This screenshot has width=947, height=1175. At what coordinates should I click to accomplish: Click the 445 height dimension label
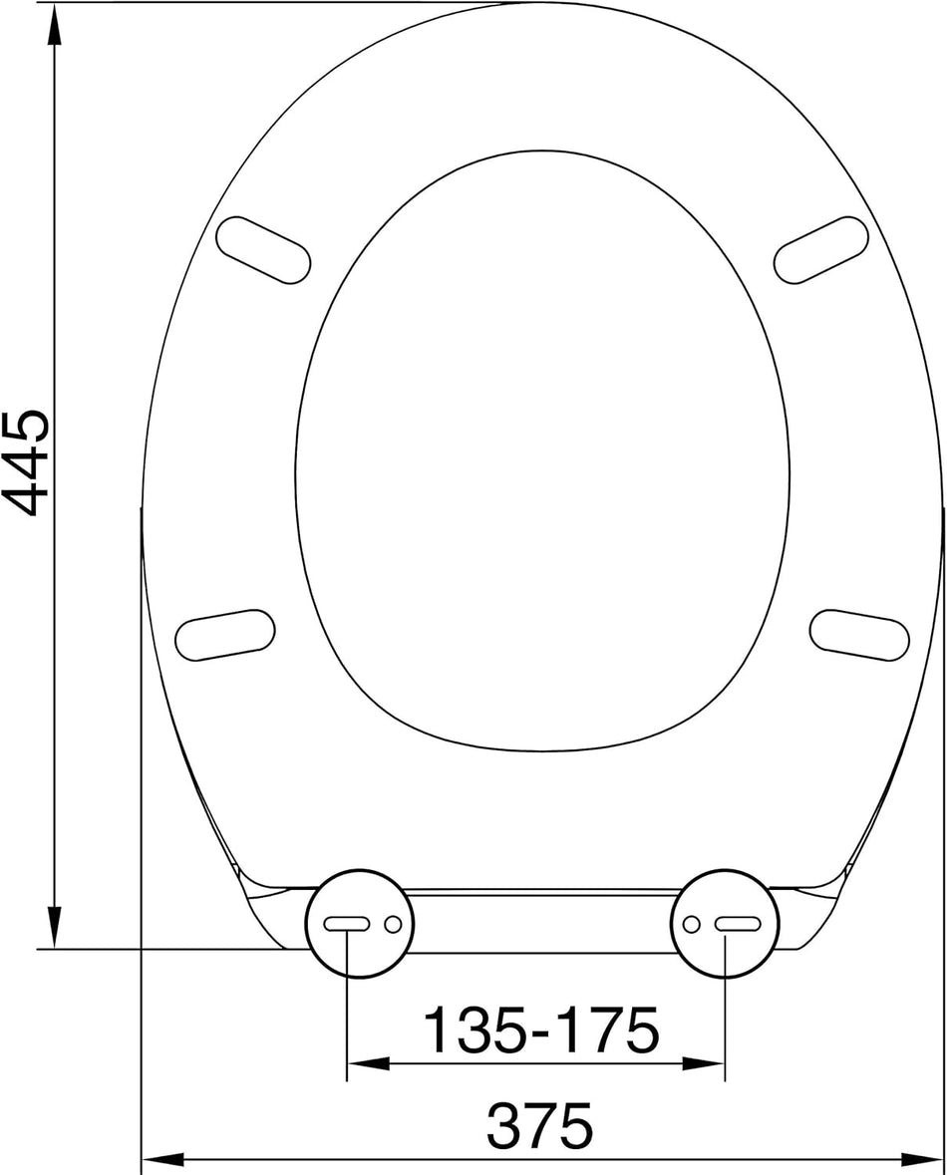(x=25, y=460)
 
